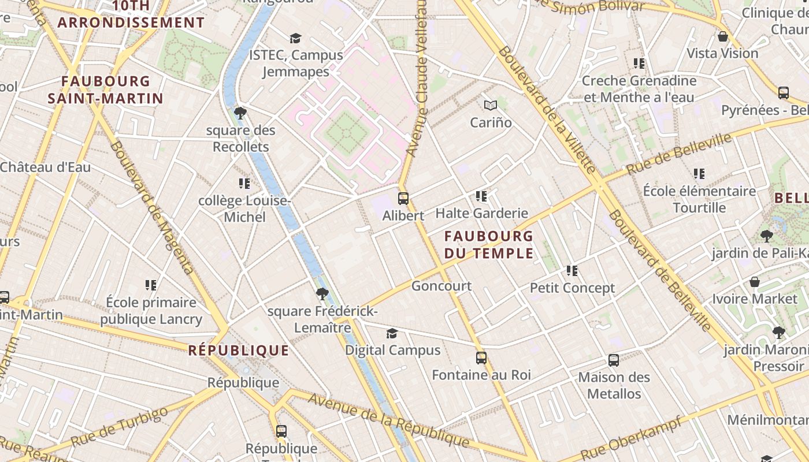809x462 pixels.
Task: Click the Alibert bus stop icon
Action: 403,199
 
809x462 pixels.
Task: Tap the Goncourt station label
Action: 441,286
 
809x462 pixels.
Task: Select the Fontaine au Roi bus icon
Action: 481,358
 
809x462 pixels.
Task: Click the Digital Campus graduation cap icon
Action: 392,333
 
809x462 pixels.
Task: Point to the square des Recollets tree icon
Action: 240,113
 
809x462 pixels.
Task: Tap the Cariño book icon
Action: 491,105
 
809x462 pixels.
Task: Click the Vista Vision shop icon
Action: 722,37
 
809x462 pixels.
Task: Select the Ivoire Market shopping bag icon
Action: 755,282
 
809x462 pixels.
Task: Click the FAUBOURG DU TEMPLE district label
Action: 489,244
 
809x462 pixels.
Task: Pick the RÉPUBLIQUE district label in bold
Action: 239,351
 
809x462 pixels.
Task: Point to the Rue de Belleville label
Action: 678,154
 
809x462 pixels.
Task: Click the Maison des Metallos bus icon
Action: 614,360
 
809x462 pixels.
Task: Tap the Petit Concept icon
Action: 572,270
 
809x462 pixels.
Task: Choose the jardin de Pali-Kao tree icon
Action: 767,236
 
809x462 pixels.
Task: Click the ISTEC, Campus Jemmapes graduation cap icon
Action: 296,38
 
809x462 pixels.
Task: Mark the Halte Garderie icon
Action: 481,196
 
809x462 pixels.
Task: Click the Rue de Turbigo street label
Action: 121,427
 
